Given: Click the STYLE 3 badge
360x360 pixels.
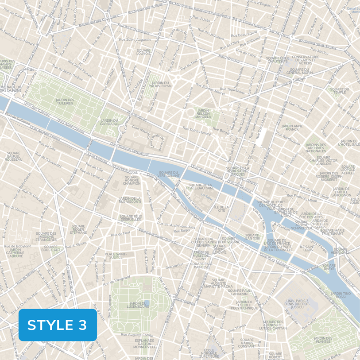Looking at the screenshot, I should [58, 325].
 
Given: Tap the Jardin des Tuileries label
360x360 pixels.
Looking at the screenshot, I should [65, 102].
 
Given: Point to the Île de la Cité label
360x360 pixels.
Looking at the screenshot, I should [221, 209].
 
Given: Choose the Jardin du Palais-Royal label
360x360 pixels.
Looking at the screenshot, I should [160, 84].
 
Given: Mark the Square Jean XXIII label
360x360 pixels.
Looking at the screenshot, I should [252, 237].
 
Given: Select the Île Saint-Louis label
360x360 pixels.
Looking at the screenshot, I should [306, 248].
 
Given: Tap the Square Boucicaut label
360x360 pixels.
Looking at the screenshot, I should [50, 248].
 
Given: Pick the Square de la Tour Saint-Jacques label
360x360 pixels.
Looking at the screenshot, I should [238, 171].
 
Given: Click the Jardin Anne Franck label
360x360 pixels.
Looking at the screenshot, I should [292, 128].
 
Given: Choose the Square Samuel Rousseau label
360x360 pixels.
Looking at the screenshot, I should [14, 157].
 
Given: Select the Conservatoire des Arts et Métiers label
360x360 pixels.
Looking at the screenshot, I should [306, 60].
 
